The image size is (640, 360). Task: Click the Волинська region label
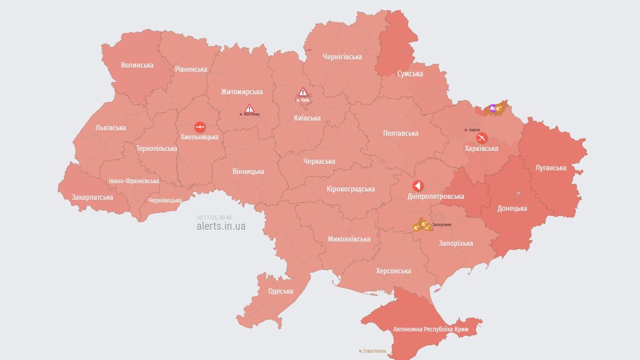[x=137, y=65]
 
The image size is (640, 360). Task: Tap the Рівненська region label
[x=191, y=69]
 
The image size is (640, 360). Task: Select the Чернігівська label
[x=342, y=57]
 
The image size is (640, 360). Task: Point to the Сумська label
[x=410, y=74]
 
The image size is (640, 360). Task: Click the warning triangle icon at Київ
[x=303, y=92]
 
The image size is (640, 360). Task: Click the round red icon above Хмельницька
[x=199, y=126]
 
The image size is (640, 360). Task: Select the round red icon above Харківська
[x=481, y=138]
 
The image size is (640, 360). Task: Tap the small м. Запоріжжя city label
[x=442, y=225]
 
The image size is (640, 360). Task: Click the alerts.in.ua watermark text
[x=221, y=226]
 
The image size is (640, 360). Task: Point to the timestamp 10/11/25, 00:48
[x=213, y=217]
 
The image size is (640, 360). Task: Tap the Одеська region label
[x=281, y=291]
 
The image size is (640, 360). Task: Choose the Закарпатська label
[x=92, y=197]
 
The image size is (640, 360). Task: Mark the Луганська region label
[x=550, y=167]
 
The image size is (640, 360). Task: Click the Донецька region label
[x=512, y=208]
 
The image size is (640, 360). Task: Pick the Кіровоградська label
[x=350, y=189]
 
